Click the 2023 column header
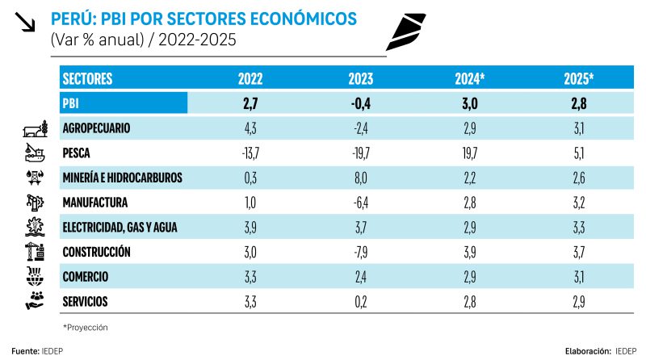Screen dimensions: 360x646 [360, 79]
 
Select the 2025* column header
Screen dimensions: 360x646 [579, 79]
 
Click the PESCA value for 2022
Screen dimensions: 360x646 [250, 153]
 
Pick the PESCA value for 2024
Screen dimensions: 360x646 [470, 153]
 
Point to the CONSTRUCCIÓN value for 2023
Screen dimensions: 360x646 [360, 252]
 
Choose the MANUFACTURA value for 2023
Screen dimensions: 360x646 [360, 202]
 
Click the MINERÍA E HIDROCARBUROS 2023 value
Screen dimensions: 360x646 [360, 178]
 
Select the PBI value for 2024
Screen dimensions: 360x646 [470, 103]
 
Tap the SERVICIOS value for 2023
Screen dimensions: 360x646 [360, 302]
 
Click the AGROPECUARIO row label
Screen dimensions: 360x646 [96, 128]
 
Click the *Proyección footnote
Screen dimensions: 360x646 [85, 327]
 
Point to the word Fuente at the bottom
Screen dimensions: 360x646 [23, 352]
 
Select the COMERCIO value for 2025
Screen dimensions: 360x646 [579, 277]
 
